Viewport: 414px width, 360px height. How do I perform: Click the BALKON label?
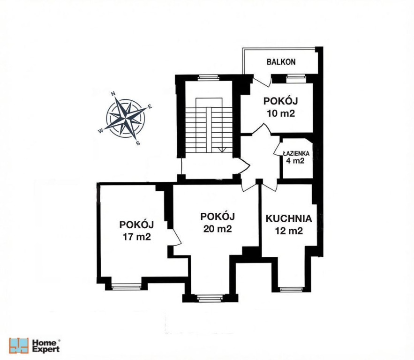click(281, 62)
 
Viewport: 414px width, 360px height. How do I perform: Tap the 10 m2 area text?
click(281, 113)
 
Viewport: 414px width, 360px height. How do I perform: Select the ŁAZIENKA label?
click(296, 153)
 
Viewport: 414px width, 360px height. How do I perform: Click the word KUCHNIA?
click(289, 218)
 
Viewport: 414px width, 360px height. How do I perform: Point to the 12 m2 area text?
click(289, 231)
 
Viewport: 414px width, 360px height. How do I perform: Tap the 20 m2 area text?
click(218, 229)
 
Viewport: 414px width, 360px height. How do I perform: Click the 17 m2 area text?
click(136, 237)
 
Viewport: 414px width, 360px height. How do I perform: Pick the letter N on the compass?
click(113, 93)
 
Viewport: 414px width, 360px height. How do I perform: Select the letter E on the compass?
click(150, 106)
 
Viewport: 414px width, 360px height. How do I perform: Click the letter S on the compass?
click(138, 143)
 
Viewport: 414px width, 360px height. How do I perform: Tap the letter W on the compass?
click(101, 131)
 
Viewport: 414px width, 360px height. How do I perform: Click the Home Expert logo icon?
click(19, 345)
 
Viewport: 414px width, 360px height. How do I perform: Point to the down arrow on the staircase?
click(222, 150)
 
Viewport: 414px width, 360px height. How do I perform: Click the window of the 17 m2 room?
click(126, 287)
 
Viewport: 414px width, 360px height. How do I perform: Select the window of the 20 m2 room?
click(210, 298)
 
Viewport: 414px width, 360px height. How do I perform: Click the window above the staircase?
click(209, 78)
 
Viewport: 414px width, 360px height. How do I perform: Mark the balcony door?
click(262, 81)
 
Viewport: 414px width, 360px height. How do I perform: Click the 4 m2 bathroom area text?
click(295, 160)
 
